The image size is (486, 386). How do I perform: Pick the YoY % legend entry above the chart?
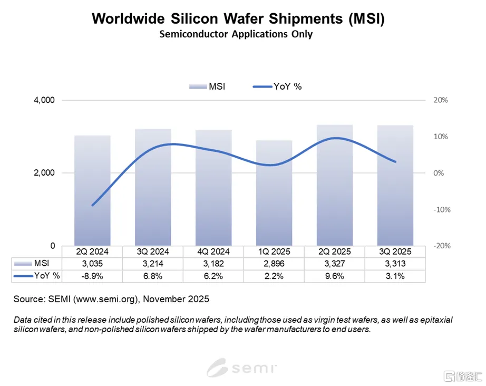(278, 86)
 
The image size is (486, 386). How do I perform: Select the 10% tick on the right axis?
(440, 137)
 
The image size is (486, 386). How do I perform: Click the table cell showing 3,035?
(92, 263)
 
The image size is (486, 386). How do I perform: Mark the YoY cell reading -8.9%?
(92, 276)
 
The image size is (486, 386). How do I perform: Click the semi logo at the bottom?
(242, 367)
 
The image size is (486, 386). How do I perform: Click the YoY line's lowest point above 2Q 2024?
(93, 205)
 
